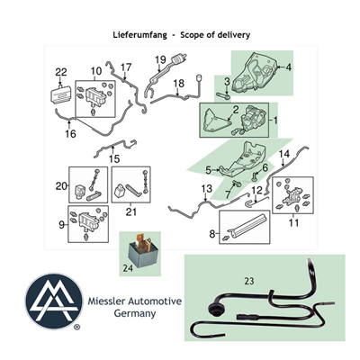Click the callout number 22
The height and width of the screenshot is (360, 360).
(61, 72)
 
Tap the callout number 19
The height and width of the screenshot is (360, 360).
(160, 59)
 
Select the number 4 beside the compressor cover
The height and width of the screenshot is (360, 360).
(288, 67)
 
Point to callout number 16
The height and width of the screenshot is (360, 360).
(71, 133)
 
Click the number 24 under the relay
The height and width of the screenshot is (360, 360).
(128, 268)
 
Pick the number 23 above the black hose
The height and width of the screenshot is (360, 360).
(249, 281)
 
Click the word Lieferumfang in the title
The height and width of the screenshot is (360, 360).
(139, 35)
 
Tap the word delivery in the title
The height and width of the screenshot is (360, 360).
(234, 34)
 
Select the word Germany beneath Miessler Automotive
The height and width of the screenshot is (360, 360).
(135, 314)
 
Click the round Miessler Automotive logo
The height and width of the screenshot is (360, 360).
(54, 301)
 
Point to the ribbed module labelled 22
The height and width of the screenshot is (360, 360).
(61, 95)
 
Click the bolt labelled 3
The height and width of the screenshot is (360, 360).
(223, 96)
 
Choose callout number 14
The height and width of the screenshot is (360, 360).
(284, 154)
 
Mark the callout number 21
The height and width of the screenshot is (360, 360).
(131, 211)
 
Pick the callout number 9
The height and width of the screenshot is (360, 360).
(61, 225)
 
